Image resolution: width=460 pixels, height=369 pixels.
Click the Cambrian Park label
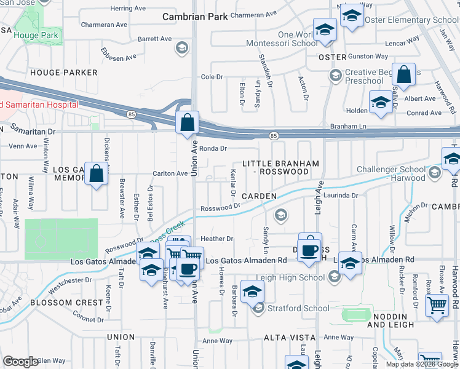point(196,17)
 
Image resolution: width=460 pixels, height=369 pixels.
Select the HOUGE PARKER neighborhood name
point(64,73)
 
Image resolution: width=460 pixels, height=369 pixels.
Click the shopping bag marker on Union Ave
point(187,123)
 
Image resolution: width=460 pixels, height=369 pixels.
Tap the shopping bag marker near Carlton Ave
point(97,174)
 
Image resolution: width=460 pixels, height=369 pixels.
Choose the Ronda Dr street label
point(213,148)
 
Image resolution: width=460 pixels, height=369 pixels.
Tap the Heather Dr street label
point(217,239)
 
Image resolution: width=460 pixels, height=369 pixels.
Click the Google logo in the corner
point(20,362)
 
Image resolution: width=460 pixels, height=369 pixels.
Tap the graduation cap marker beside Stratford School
point(252,293)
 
